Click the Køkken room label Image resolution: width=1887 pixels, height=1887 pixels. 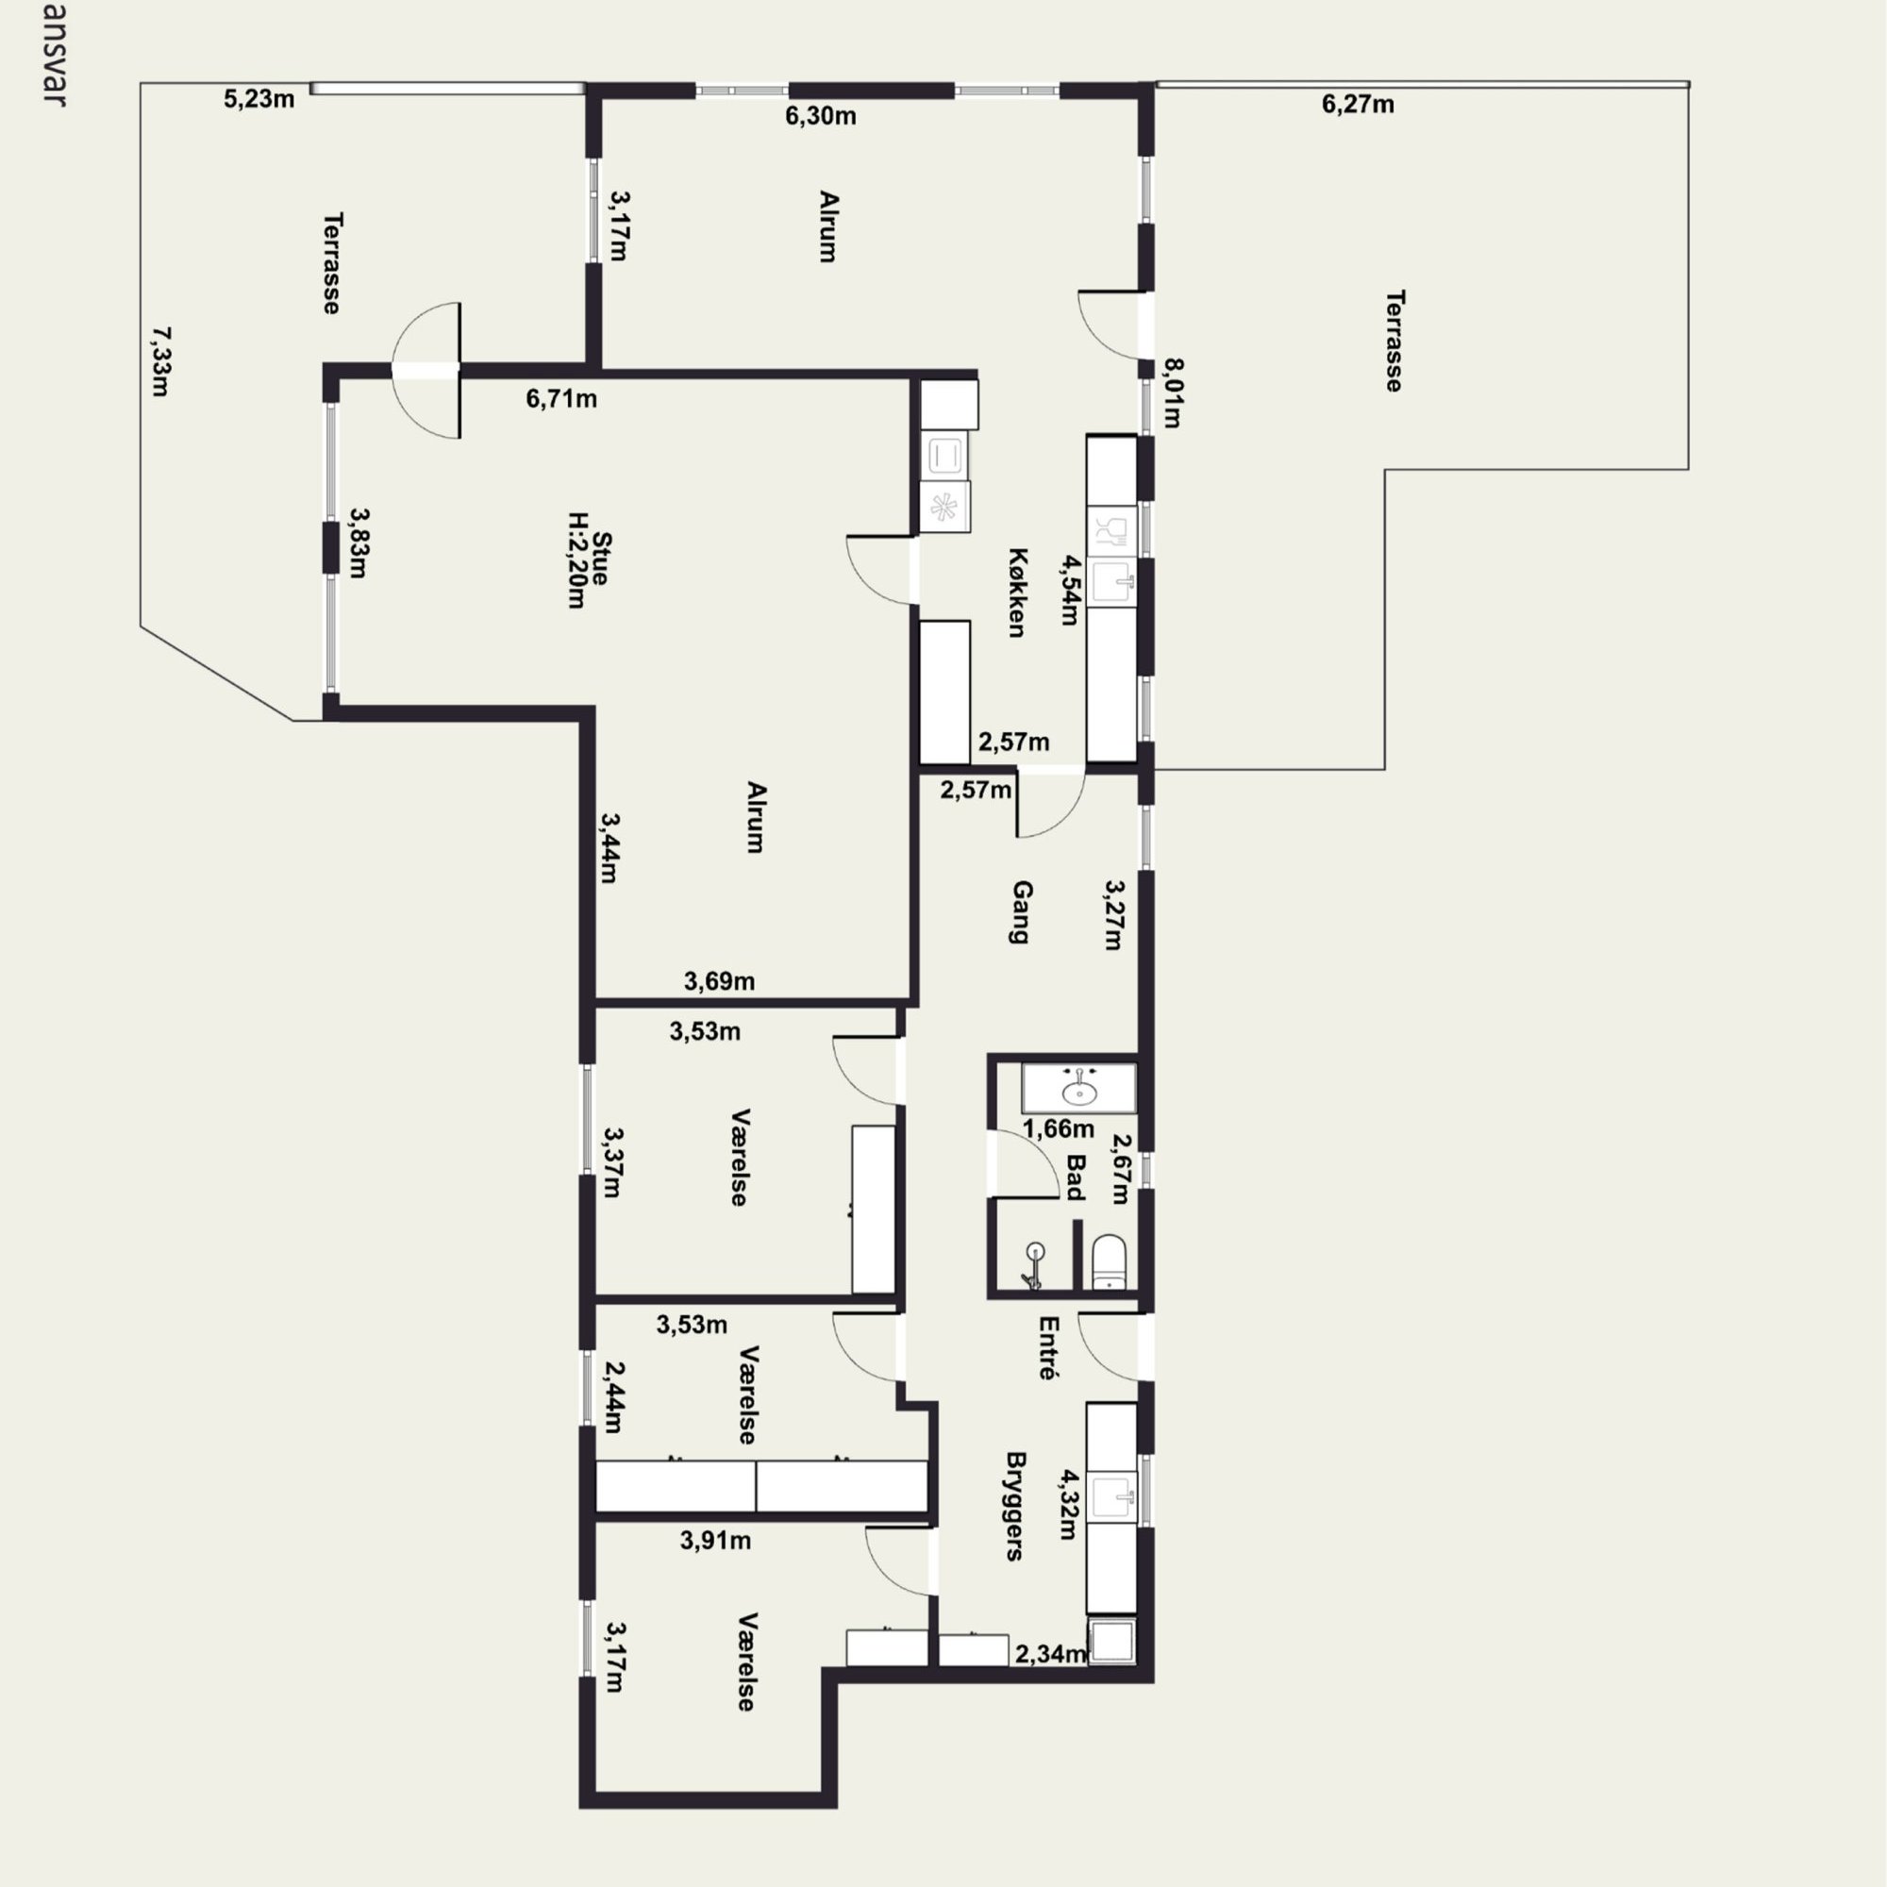tap(1017, 593)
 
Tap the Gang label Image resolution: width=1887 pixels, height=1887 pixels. tap(1022, 912)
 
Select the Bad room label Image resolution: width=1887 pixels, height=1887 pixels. tap(1076, 1177)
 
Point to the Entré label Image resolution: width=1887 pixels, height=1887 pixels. tap(1049, 1348)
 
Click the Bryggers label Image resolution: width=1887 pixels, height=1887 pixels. tap(1016, 1506)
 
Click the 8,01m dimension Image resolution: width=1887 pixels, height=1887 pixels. tap(1173, 393)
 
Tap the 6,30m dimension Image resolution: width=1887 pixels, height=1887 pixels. tap(821, 116)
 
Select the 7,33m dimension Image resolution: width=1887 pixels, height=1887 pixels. tap(161, 361)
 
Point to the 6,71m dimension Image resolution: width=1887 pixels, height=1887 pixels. tap(561, 398)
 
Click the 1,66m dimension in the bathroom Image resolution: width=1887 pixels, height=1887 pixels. tap(1059, 1129)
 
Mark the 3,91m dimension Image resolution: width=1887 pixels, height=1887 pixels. tap(716, 1541)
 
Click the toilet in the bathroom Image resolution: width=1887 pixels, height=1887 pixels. tap(1110, 1261)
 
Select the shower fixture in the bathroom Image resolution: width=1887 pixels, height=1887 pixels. tap(1034, 1266)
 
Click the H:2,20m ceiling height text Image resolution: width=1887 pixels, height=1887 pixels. tap(577, 560)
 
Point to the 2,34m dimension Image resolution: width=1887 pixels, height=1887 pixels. tap(1051, 1654)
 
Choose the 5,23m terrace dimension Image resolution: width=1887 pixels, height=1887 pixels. tap(259, 99)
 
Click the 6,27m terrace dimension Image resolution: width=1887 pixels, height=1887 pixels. tap(1359, 104)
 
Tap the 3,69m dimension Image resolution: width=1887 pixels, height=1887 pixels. tap(720, 980)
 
